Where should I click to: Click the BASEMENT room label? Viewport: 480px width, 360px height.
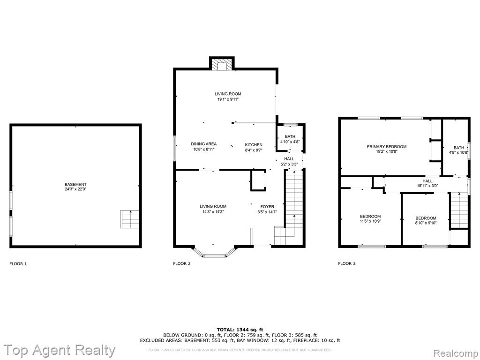[75, 184]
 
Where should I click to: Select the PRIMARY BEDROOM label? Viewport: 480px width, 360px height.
[387, 147]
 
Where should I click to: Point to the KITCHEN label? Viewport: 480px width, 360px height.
[254, 144]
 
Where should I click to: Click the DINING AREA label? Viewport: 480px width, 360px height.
[203, 144]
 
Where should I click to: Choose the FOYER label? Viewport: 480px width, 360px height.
[267, 207]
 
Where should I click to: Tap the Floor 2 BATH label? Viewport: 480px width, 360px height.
[290, 136]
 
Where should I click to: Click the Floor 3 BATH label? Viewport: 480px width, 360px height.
[459, 148]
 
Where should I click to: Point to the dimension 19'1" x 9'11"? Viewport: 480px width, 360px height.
[228, 99]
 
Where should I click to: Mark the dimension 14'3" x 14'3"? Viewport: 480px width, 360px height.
[213, 211]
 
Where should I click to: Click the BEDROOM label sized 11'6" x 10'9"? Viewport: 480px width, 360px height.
[370, 217]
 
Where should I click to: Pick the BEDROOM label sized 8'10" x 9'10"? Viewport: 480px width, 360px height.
[426, 218]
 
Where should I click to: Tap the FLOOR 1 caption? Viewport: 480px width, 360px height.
[18, 263]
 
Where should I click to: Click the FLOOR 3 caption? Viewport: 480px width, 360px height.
[347, 263]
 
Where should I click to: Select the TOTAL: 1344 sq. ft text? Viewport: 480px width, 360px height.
[240, 330]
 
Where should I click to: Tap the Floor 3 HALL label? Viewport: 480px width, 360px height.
[427, 181]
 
